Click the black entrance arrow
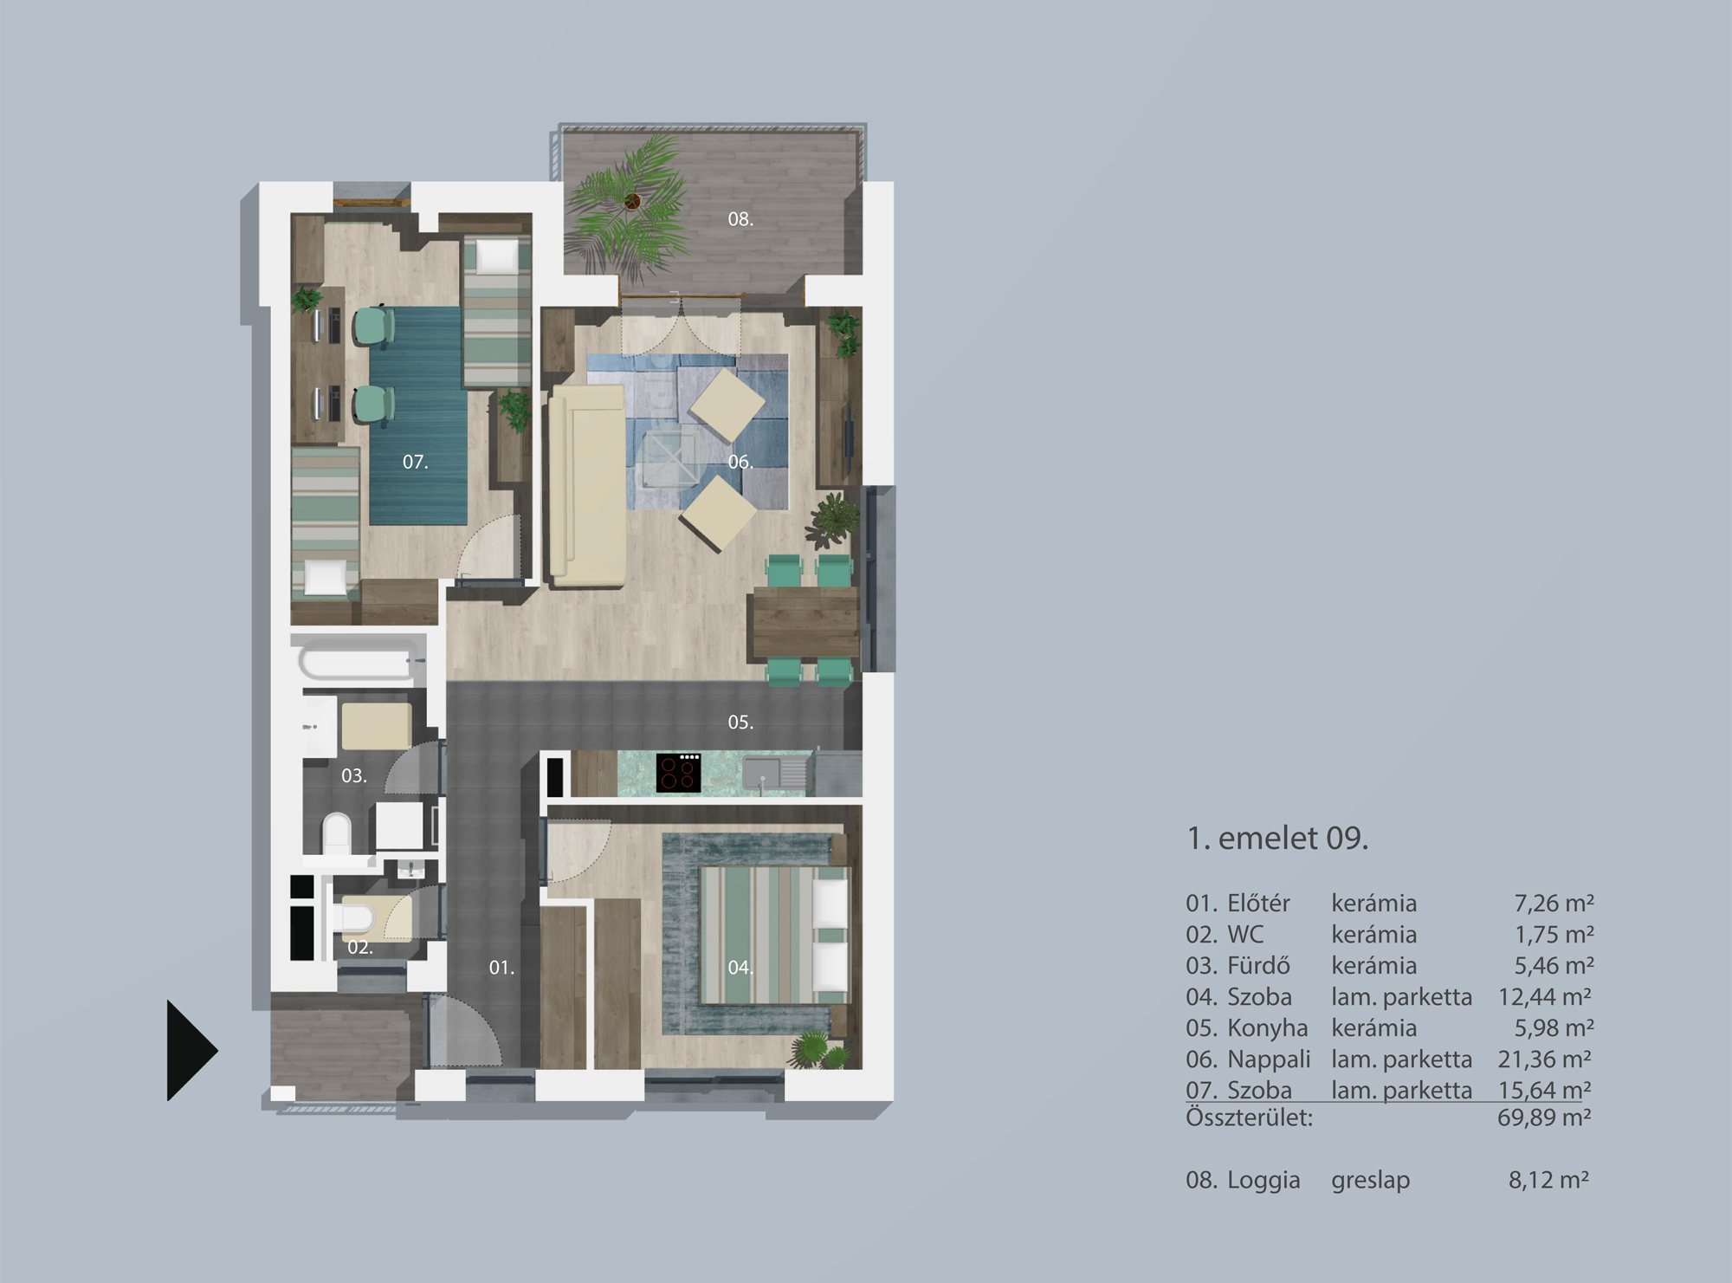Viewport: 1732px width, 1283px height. (x=189, y=1050)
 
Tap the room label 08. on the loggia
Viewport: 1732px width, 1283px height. (x=740, y=219)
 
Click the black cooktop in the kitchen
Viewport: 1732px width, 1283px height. (x=678, y=773)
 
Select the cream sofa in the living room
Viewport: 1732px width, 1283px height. (x=587, y=485)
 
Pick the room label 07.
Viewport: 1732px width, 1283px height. (x=415, y=463)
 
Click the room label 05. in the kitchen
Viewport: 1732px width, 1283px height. (x=740, y=722)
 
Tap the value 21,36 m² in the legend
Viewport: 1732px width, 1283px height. (x=1545, y=1059)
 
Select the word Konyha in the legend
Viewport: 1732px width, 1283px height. (x=1267, y=1028)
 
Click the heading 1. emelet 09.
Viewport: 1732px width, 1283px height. (x=1276, y=838)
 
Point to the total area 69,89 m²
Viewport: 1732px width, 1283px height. (x=1544, y=1118)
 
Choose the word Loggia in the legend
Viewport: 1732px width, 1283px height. (x=1263, y=1180)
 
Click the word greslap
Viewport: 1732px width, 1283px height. (x=1370, y=1180)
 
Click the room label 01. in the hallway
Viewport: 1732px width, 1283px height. (x=501, y=968)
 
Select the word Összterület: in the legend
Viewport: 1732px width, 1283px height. (x=1249, y=1118)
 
